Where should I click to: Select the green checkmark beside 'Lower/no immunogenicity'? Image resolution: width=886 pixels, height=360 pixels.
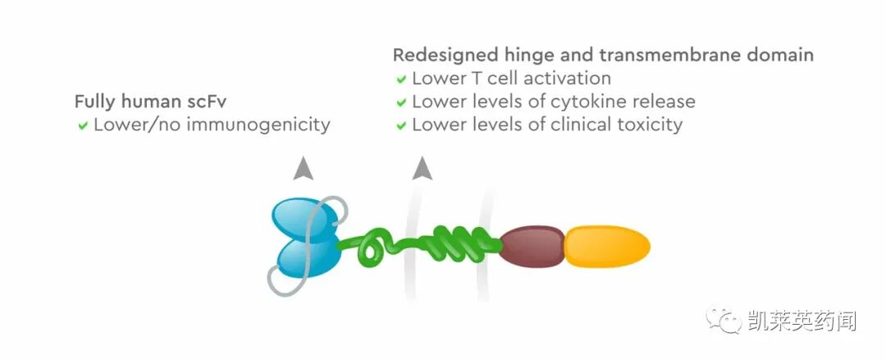click(83, 126)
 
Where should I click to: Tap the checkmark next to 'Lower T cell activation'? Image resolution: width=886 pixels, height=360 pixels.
click(401, 80)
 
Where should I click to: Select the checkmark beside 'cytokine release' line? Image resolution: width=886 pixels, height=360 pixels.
click(401, 103)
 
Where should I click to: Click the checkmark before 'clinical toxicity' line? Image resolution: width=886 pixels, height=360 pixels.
click(401, 126)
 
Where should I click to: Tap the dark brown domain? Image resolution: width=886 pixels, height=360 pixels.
click(532, 245)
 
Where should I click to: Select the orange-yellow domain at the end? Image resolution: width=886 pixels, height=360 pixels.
click(607, 246)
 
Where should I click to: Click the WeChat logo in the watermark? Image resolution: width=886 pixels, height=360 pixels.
click(725, 320)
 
